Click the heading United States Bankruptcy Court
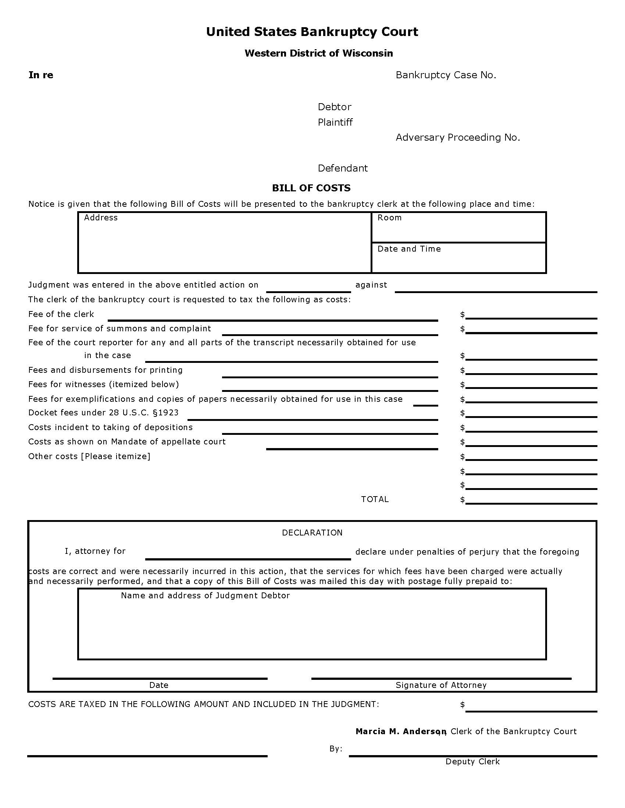pos(312,32)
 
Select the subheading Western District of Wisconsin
pos(318,53)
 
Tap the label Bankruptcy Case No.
pos(446,75)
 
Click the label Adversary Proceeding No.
pos(458,137)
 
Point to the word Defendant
pos(343,168)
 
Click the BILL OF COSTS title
pos(311,188)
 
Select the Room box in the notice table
pos(458,227)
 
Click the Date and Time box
pos(458,258)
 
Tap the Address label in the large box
pos(101,217)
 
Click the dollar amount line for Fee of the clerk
pos(531,315)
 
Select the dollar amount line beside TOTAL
pos(531,500)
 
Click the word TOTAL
pos(375,499)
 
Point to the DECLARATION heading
pos(312,533)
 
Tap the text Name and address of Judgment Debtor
pos(205,595)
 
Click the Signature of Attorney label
pos(440,685)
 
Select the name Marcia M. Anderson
pos(400,731)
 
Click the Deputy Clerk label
pos(472,761)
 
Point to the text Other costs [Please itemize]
pos(89,456)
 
